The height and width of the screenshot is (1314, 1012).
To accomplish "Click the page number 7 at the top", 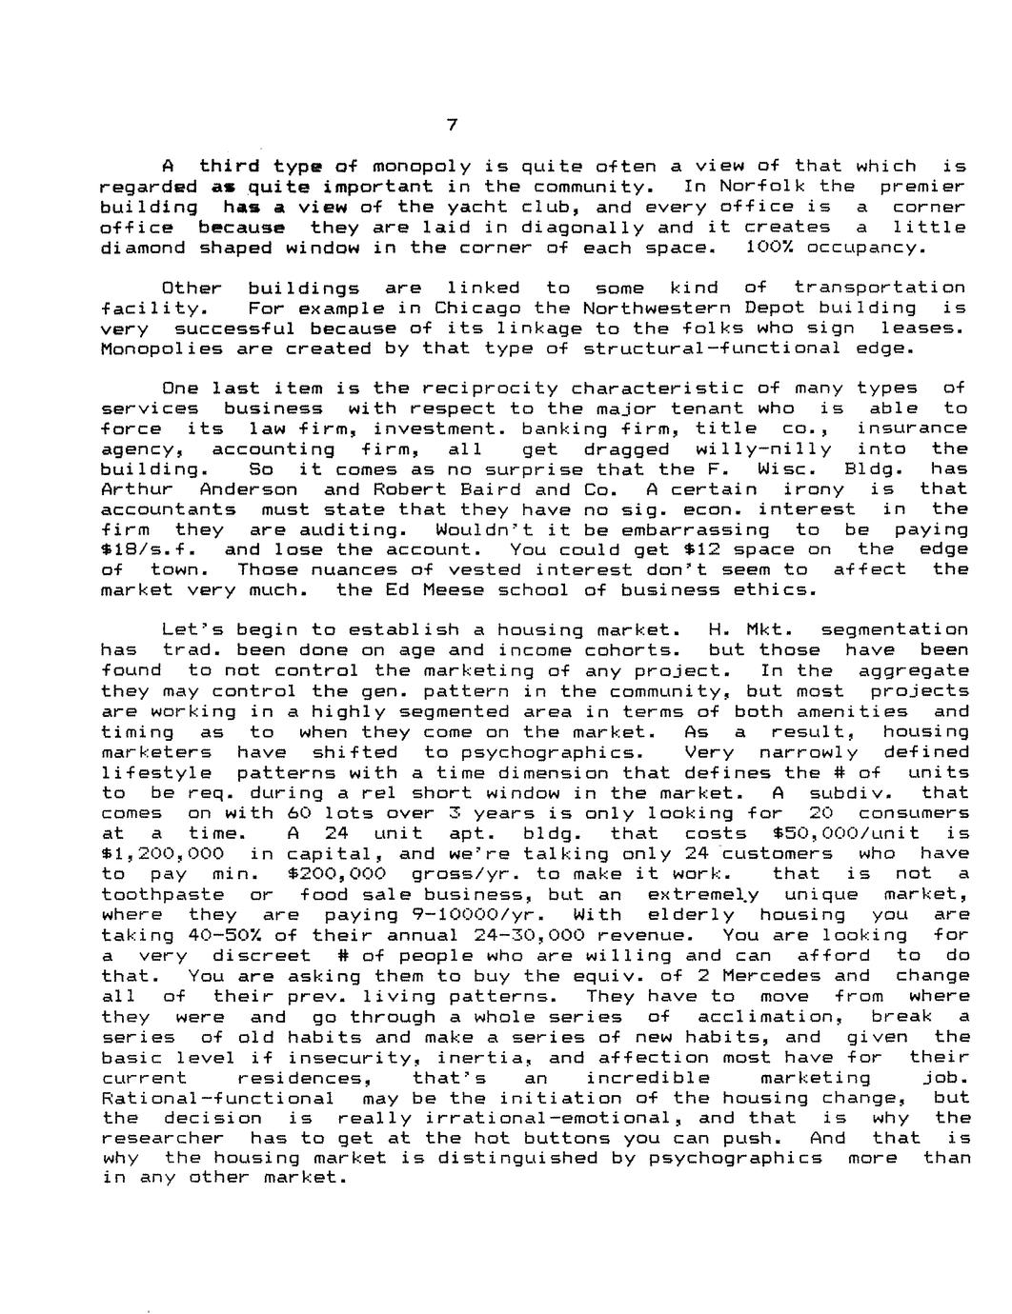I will [453, 126].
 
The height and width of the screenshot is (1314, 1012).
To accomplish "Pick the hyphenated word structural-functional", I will [713, 348].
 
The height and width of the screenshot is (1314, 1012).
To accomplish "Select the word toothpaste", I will [162, 894].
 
